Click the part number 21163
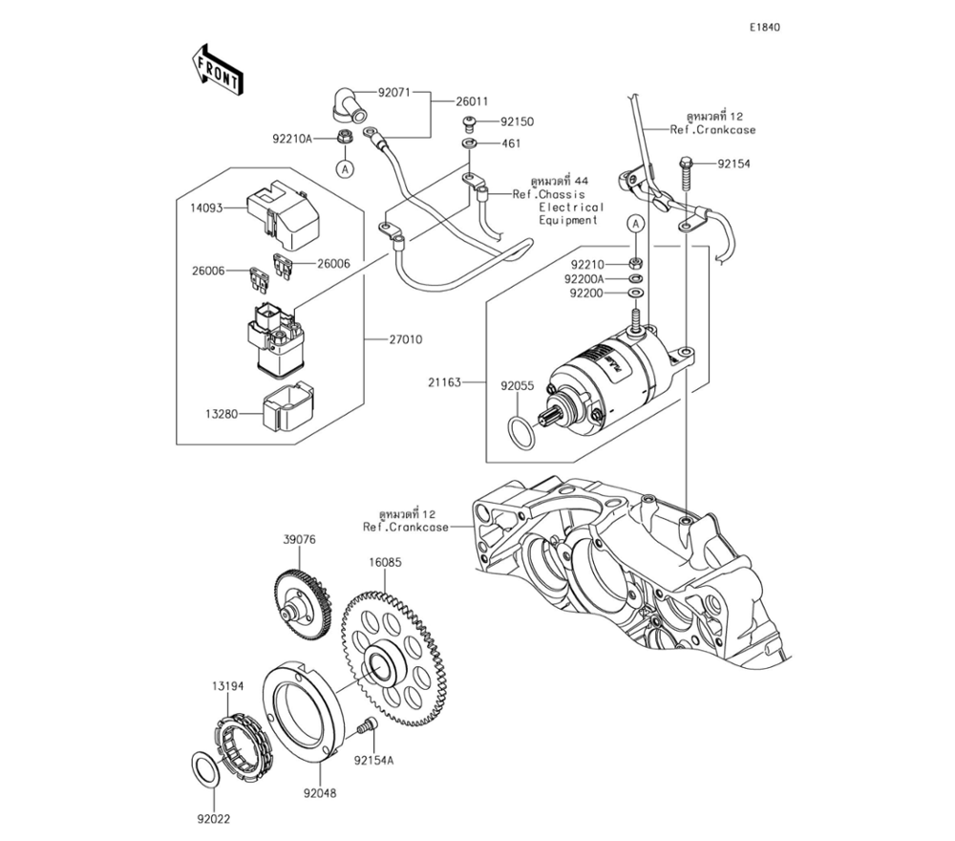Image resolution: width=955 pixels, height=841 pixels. (x=444, y=382)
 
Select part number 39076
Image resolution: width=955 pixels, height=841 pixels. (x=299, y=540)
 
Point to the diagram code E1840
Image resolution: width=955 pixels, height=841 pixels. (x=764, y=28)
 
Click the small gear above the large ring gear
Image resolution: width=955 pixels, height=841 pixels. (x=301, y=601)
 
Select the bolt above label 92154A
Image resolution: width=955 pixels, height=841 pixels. (x=364, y=729)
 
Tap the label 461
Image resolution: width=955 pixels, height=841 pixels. (x=512, y=143)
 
